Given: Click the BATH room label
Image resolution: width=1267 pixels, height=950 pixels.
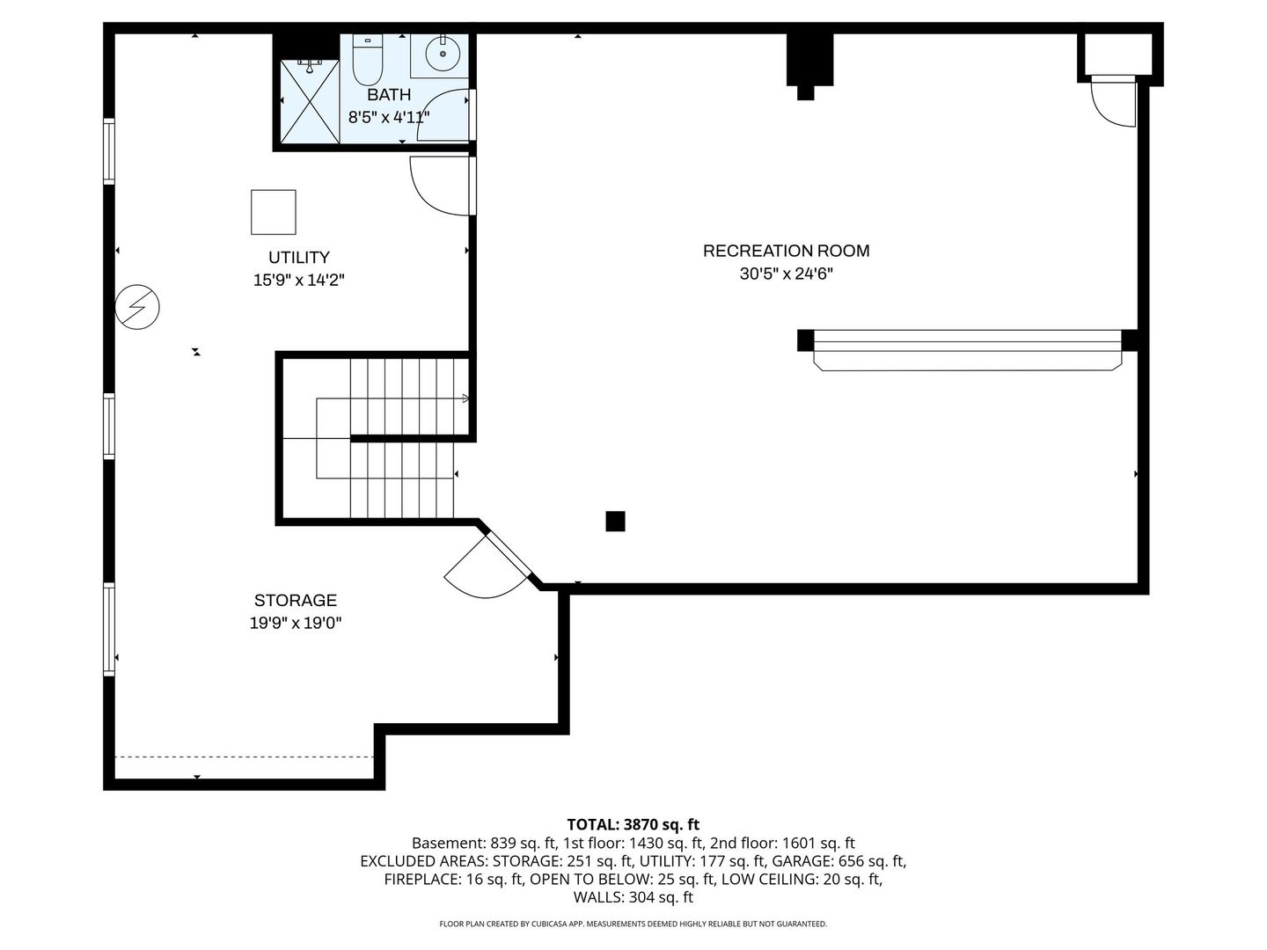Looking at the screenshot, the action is pyautogui.click(x=389, y=95).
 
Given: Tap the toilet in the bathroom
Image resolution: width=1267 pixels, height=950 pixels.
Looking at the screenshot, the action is pyautogui.click(x=367, y=60).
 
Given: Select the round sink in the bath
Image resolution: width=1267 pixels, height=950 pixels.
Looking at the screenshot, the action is pyautogui.click(x=443, y=53).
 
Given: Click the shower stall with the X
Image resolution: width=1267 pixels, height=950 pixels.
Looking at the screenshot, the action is pyautogui.click(x=310, y=101).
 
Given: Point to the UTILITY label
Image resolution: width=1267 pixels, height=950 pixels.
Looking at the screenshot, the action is pyautogui.click(x=299, y=257).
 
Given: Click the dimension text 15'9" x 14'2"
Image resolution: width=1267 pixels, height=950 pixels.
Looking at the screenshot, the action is pyautogui.click(x=299, y=281).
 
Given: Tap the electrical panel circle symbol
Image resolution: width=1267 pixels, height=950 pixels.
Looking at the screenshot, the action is pyautogui.click(x=137, y=307).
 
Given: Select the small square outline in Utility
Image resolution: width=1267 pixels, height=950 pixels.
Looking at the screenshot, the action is pyautogui.click(x=273, y=212).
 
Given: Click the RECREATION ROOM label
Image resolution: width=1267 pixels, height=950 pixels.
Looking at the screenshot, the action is pyautogui.click(x=787, y=251).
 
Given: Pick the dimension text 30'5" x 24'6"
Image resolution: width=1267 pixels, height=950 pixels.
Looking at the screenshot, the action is pyautogui.click(x=787, y=274).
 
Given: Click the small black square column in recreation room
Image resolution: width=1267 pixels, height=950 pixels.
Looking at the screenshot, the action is pyautogui.click(x=615, y=521).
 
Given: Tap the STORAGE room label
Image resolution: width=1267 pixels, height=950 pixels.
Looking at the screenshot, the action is pyautogui.click(x=296, y=601).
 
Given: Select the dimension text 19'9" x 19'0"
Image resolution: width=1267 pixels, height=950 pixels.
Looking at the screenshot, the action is pyautogui.click(x=296, y=623).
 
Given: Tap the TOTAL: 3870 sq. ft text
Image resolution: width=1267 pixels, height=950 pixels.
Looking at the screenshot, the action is pyautogui.click(x=633, y=825).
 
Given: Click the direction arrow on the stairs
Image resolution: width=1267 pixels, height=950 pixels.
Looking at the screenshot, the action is pyautogui.click(x=465, y=398).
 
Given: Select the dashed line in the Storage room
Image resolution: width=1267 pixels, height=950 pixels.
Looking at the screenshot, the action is pyautogui.click(x=245, y=756).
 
